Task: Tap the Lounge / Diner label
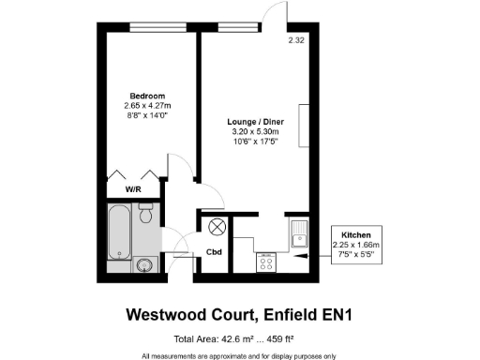click(256, 123)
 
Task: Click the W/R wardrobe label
click(132, 189)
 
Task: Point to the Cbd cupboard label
click(213, 253)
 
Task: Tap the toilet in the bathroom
click(145, 217)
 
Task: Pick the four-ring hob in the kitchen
click(265, 263)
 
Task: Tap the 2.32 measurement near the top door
click(296, 40)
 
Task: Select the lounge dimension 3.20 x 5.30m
click(256, 132)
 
